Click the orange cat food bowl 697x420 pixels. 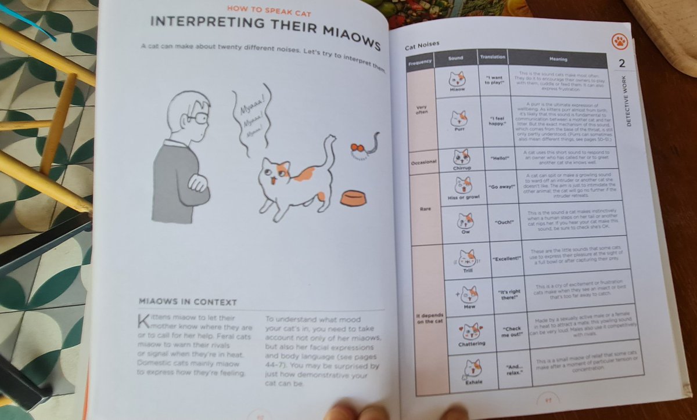[x=353, y=198]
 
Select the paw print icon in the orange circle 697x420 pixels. [x=620, y=41]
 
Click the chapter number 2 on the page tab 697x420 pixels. [x=622, y=63]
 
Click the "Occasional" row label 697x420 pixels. [x=423, y=162]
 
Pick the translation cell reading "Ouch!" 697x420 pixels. [x=504, y=222]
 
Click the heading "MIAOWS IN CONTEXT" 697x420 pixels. [x=188, y=302]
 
